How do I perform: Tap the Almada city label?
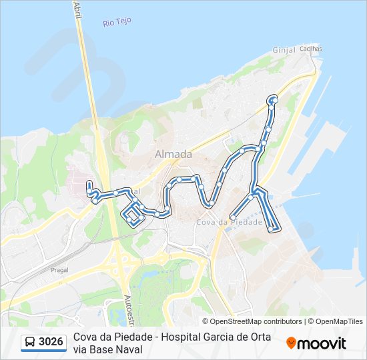click(173, 154)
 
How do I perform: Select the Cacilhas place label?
click(310, 49)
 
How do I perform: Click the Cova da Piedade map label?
click(229, 222)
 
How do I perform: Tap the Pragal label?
click(59, 271)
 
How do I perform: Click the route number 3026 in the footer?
click(51, 342)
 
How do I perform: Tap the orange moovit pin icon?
click(291, 343)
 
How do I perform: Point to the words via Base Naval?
click(108, 349)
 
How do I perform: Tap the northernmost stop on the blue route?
click(272, 99)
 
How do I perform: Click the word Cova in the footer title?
click(86, 337)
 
